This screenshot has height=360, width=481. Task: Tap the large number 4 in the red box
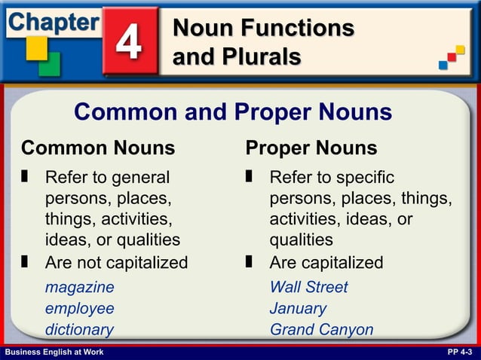[129, 43]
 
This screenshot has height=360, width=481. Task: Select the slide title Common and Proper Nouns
[233, 112]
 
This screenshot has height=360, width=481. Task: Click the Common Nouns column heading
[98, 147]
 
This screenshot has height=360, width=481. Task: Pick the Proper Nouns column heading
[311, 147]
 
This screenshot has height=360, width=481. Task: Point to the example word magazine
[79, 287]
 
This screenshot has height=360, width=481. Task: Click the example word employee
[79, 308]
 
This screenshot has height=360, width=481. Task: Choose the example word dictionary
[79, 329]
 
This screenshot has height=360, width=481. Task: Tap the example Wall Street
[308, 287]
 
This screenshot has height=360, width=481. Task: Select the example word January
[298, 308]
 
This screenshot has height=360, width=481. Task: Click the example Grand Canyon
[321, 329]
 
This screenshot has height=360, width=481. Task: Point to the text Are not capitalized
[116, 263]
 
